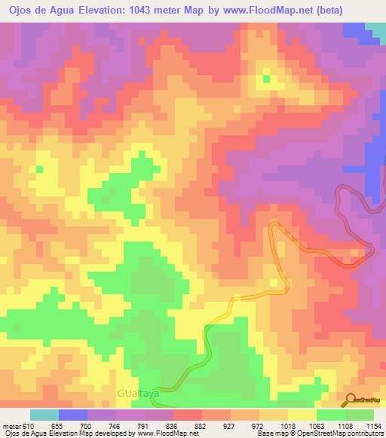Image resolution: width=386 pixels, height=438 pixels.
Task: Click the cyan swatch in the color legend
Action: pos(44,415)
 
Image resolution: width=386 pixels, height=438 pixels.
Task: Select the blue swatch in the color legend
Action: pos(73,415)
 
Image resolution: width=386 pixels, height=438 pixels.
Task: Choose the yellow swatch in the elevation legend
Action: pos(302,415)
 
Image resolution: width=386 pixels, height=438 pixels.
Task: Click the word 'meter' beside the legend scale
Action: pos(11,426)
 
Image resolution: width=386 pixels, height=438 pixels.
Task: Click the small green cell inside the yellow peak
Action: pos(265,77)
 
